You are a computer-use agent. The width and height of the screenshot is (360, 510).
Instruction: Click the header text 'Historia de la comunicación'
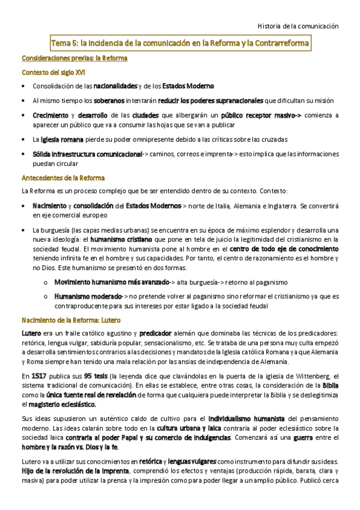[x=298, y=26]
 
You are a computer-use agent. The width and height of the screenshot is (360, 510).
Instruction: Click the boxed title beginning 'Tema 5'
[x=180, y=44]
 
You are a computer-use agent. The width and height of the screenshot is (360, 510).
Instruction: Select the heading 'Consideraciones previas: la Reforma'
[x=74, y=59]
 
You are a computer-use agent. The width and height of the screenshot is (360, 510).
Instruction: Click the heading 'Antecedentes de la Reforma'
[x=63, y=178]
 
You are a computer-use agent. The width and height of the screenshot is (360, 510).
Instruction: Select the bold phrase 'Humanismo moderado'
[x=87, y=296]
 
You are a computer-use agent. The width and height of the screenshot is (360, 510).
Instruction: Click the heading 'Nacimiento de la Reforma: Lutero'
[x=71, y=320]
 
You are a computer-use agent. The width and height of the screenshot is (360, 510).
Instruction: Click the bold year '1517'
[x=39, y=376]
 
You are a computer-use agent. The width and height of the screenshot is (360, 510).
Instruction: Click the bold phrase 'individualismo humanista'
[x=246, y=418]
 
